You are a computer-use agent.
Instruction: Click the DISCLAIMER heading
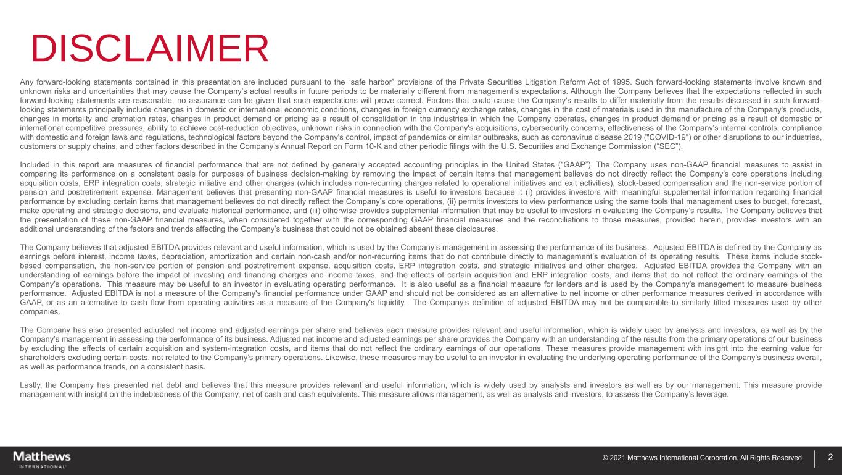click(x=150, y=49)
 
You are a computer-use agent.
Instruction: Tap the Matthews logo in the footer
click(x=42, y=459)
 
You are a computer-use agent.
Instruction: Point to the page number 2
click(x=830, y=458)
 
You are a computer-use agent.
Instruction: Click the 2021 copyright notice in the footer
click(x=703, y=458)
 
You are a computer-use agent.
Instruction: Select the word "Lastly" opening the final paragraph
click(x=30, y=385)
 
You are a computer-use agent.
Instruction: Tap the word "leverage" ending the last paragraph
click(x=712, y=394)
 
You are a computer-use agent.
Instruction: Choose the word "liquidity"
click(x=386, y=303)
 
